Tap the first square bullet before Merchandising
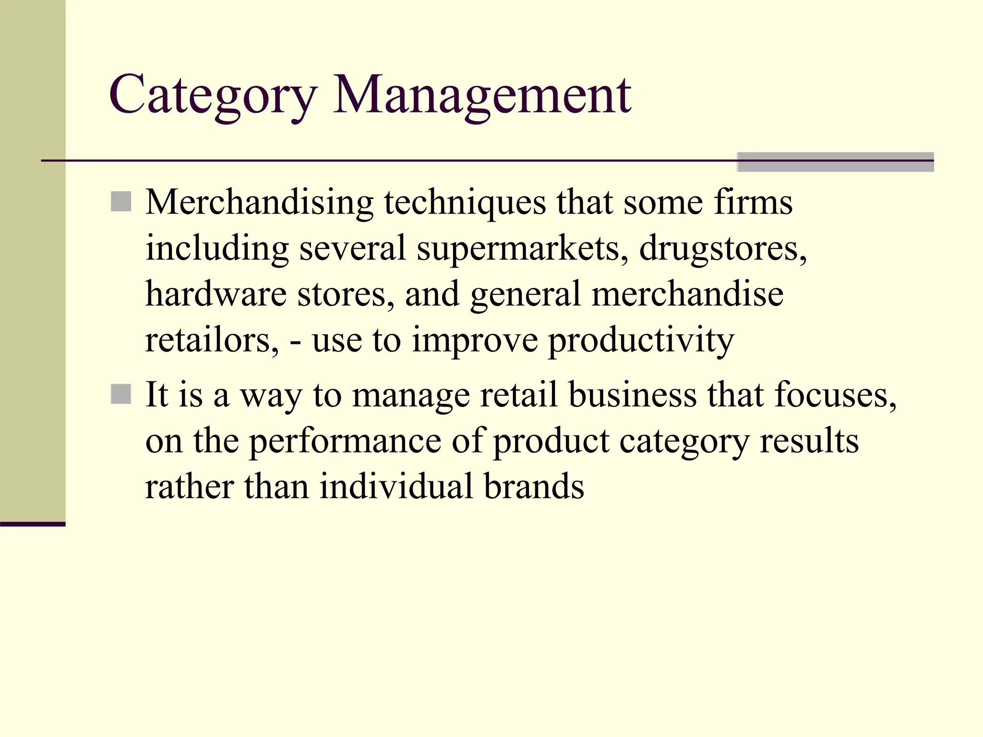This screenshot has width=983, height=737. point(121,202)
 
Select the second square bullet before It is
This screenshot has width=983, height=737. point(121,394)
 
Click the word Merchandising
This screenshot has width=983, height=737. point(259,202)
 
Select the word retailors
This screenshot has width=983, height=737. point(212,340)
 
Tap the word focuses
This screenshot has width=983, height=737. point(835,395)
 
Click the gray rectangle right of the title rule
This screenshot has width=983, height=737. point(835,162)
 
